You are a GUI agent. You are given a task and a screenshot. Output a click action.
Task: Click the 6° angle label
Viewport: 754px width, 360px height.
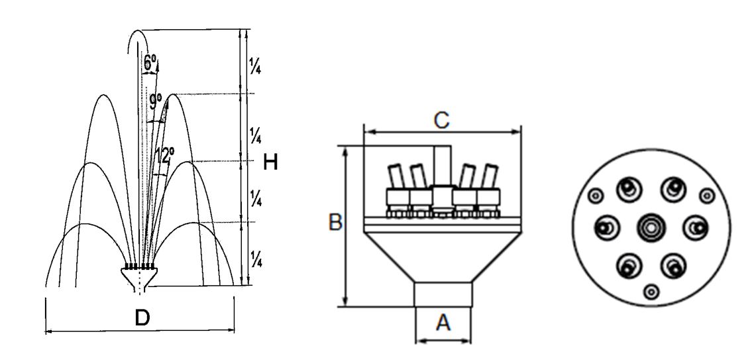149,62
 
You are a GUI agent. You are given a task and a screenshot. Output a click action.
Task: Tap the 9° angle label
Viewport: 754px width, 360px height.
155,101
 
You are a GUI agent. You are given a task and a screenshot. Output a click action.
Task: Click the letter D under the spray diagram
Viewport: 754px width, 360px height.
142,318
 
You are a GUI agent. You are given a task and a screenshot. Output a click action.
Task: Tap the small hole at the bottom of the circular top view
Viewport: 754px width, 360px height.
651,291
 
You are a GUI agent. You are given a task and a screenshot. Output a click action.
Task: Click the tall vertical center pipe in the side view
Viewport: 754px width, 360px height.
441,166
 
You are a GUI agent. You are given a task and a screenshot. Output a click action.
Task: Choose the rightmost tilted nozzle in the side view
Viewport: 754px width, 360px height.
489,176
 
